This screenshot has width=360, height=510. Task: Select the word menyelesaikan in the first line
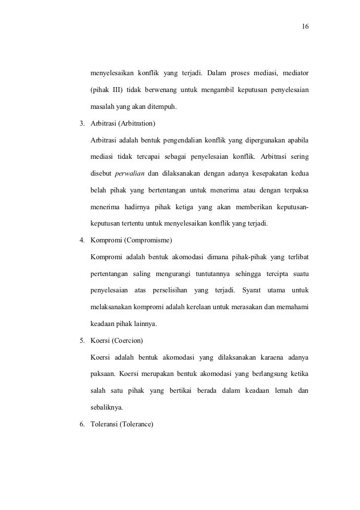(x=111, y=74)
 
